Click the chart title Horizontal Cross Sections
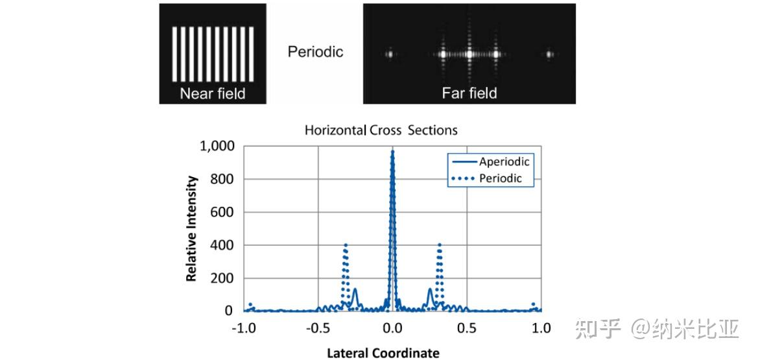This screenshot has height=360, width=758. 381,130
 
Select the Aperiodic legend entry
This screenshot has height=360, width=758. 504,162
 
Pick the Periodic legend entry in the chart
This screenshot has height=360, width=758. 500,178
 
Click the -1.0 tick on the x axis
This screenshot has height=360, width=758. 244,328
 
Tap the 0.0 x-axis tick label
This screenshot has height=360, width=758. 393,328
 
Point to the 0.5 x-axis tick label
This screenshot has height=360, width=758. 466,328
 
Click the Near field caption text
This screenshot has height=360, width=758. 213,93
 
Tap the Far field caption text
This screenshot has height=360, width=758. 469,93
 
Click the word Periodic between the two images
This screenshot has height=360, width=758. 315,52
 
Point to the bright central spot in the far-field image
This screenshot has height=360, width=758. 469,54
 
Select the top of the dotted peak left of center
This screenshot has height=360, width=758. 346,245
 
